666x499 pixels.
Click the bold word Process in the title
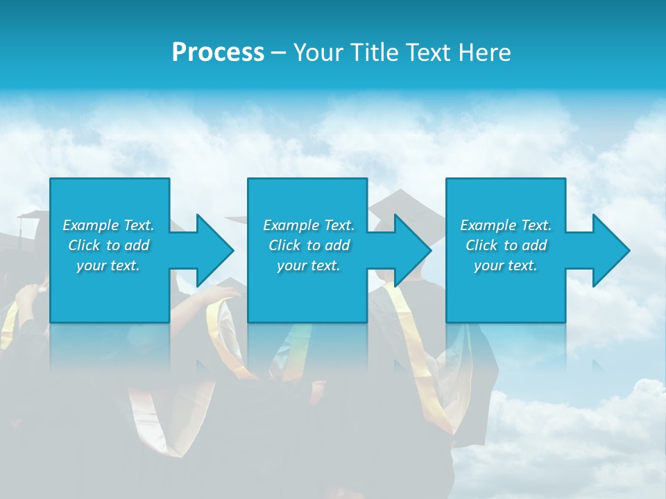point(218,53)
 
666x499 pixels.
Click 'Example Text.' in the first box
point(109,225)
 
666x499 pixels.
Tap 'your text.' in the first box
point(109,265)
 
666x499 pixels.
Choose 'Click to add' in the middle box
point(309,245)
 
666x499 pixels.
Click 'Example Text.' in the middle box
point(309,225)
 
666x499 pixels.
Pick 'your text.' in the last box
point(506,265)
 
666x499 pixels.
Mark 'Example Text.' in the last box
point(506,225)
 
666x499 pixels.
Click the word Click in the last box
point(482,245)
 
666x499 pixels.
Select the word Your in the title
point(317,53)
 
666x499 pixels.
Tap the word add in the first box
point(137,245)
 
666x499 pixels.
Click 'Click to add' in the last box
point(506,245)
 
